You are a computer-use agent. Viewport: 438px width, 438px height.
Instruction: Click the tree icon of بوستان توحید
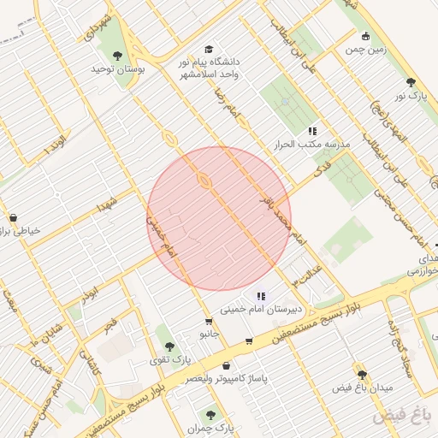[117, 56]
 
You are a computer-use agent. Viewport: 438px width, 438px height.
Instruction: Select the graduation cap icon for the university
[210, 49]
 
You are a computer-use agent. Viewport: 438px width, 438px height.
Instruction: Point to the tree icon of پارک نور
[411, 82]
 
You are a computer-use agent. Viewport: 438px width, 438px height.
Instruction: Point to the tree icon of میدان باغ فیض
[362, 375]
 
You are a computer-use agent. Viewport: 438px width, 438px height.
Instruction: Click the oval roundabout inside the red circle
[204, 180]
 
